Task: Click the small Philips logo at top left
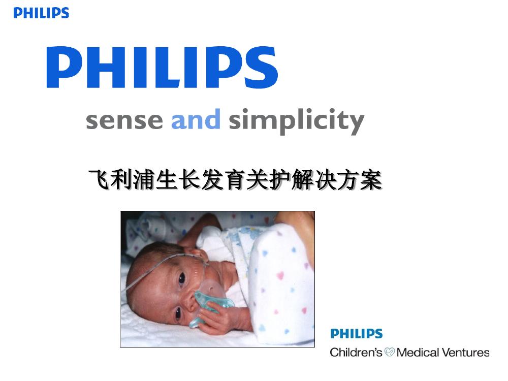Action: tap(41, 13)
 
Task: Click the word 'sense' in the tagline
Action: tap(124, 120)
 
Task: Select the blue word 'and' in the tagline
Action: tap(196, 119)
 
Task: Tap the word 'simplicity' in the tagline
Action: tap(297, 121)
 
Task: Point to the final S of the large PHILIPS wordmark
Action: tap(261, 67)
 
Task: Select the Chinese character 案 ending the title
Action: tap(371, 180)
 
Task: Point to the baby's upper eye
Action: tap(182, 278)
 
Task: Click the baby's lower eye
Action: tap(178, 313)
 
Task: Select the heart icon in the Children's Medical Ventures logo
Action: tap(389, 352)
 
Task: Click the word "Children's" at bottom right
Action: tap(357, 352)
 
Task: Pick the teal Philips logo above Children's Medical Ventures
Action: tap(357, 333)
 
